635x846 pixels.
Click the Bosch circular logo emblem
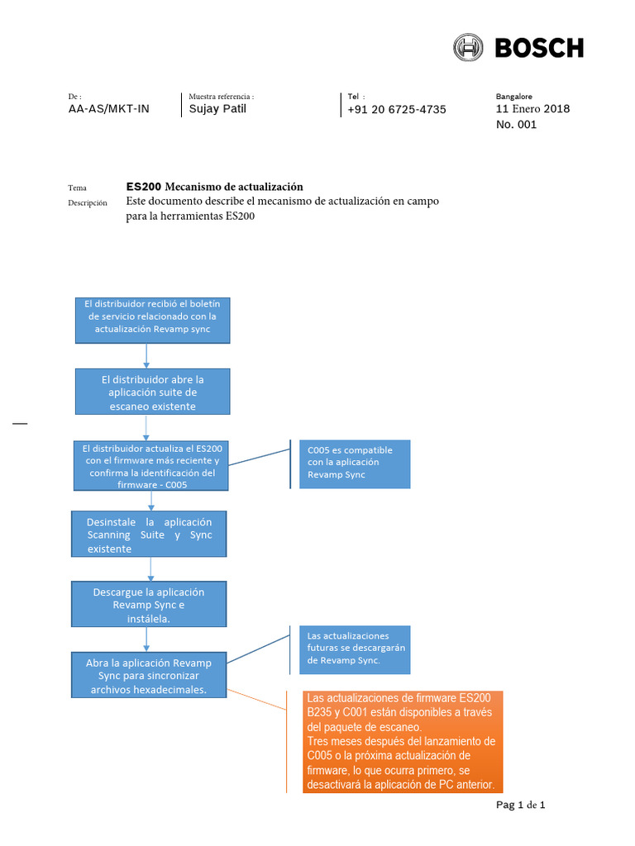click(469, 48)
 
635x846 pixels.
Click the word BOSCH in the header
click(539, 48)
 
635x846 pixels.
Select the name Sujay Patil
click(217, 108)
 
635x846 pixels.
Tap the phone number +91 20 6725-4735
click(397, 109)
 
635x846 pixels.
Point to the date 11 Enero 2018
click(532, 108)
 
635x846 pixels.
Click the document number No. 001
click(516, 125)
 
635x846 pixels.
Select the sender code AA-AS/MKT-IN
click(108, 108)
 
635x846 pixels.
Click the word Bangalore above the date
click(513, 96)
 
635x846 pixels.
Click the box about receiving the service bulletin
click(152, 320)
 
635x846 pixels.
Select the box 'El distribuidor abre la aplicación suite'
click(152, 392)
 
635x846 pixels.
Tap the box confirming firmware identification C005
click(152, 466)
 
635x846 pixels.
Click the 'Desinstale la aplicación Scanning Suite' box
click(150, 534)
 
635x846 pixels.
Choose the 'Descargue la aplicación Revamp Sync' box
click(149, 605)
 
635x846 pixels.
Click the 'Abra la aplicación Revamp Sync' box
click(149, 675)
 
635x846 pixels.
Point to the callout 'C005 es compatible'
click(354, 463)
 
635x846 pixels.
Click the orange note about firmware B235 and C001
click(400, 741)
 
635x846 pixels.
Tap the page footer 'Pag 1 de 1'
click(520, 805)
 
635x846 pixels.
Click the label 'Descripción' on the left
click(88, 202)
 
